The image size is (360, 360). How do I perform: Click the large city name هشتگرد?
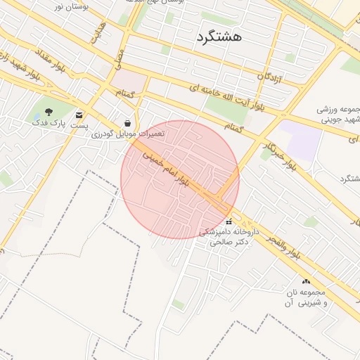[219, 37]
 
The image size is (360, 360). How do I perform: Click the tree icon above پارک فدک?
[49, 112]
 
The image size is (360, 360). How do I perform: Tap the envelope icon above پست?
[79, 115]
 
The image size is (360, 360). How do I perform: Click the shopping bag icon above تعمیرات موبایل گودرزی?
[127, 122]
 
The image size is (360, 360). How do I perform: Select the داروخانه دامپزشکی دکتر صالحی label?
[229, 236]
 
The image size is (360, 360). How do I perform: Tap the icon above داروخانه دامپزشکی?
[229, 222]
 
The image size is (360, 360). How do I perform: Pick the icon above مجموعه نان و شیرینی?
[306, 281]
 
